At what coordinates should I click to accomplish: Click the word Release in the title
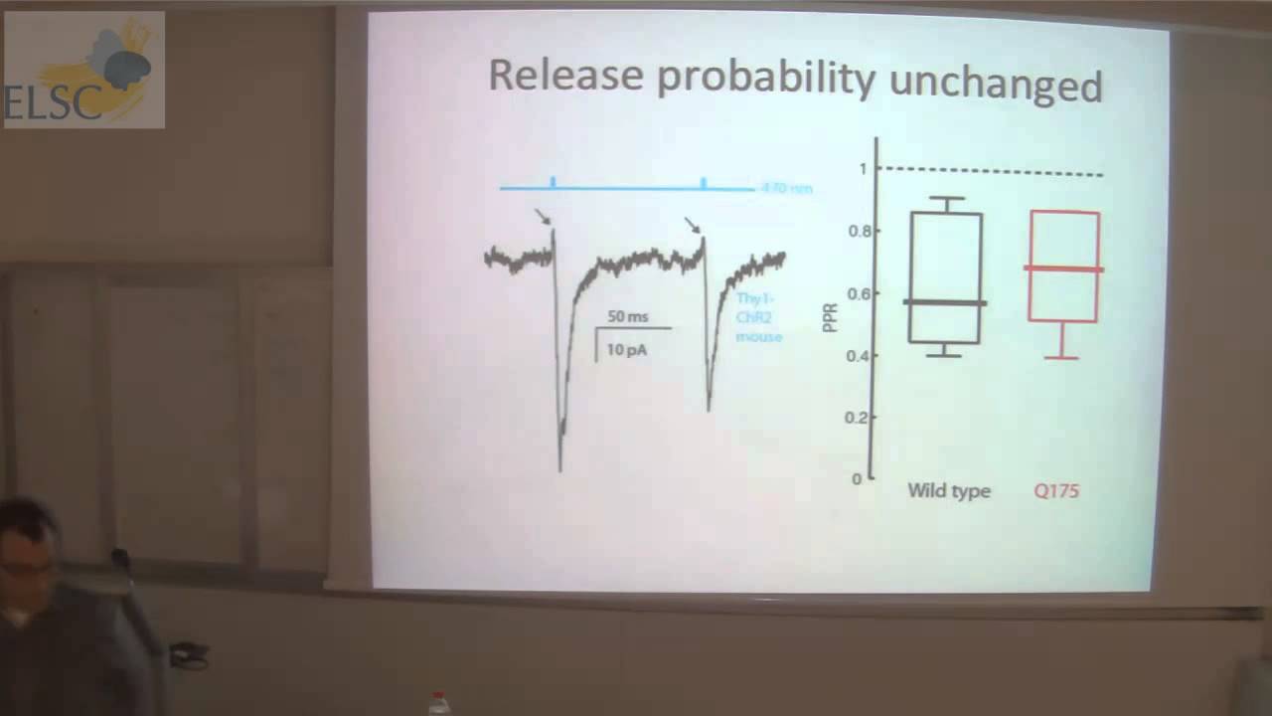pos(564,78)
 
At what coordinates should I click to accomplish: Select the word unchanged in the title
pos(996,84)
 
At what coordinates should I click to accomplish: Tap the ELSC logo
pos(84,70)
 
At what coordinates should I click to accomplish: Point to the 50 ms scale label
pos(627,316)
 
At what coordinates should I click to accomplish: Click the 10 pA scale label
pos(626,349)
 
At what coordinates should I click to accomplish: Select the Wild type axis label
pos(948,491)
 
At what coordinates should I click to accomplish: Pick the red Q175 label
pos(1055,491)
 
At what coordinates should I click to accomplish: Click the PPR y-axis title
pos(832,317)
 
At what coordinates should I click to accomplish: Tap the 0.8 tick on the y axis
pos(860,232)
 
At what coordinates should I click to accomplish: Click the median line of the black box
pos(945,302)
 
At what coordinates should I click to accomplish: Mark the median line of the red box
pos(1064,268)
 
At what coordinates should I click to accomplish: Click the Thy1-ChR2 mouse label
pos(758,317)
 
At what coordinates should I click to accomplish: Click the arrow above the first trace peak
pos(542,216)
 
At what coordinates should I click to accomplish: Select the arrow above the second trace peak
pos(693,225)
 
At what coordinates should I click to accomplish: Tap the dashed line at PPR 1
pos(994,171)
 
